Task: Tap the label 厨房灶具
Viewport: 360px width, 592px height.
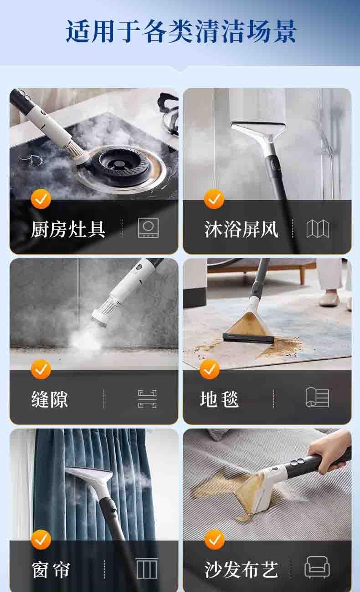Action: point(68,229)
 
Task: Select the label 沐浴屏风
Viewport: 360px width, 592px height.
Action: point(241,229)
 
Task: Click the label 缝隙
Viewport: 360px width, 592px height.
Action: point(50,399)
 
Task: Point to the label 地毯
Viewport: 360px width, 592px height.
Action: point(219,399)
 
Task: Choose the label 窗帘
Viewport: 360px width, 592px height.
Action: point(51,570)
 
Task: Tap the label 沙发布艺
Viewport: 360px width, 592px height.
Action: point(241,570)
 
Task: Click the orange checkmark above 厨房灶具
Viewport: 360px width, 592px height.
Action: point(41,199)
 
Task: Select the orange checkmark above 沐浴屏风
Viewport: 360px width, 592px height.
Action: point(214,199)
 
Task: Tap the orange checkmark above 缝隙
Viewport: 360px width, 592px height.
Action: point(41,369)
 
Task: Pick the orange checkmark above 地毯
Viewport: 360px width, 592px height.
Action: point(210,369)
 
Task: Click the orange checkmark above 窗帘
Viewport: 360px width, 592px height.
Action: point(41,540)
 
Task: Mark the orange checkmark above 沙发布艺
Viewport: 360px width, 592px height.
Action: point(215,540)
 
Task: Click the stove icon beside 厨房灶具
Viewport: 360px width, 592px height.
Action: point(149,228)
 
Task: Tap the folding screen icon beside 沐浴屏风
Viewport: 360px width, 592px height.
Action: point(318,228)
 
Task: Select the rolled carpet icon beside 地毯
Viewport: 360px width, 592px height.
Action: point(317,397)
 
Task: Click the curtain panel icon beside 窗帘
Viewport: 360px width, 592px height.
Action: point(147,568)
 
